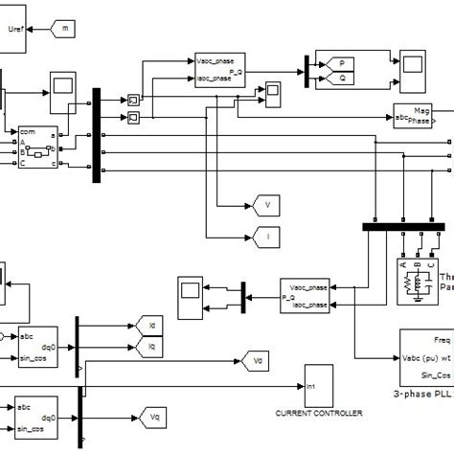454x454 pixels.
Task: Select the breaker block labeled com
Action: (x=36, y=148)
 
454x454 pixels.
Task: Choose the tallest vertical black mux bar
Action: (x=96, y=135)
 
